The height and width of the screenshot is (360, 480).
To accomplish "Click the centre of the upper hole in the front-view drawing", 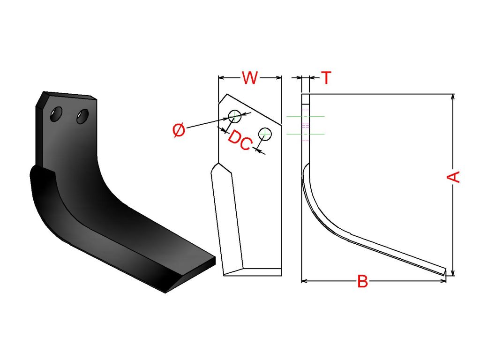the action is click(x=235, y=116).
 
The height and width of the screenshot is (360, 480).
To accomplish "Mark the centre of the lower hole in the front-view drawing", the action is click(x=265, y=134).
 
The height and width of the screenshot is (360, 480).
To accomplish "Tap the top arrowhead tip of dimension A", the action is click(x=453, y=94).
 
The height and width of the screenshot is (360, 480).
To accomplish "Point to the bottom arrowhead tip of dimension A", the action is click(x=453, y=276).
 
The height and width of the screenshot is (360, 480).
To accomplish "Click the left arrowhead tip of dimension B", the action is click(x=302, y=281).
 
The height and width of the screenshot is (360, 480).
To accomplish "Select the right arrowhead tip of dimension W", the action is click(x=281, y=78).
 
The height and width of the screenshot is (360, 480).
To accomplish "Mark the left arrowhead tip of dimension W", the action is click(x=218, y=78).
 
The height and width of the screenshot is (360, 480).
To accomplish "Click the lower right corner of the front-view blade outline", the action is click(x=281, y=276).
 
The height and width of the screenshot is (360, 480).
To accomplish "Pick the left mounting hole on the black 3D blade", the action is click(x=56, y=114).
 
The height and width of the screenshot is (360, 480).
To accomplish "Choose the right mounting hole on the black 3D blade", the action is click(x=82, y=116).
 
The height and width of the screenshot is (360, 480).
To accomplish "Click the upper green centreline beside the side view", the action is click(x=305, y=116).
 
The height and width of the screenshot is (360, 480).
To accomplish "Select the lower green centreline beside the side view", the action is click(x=305, y=134).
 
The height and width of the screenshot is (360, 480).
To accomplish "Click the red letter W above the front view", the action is click(x=250, y=78).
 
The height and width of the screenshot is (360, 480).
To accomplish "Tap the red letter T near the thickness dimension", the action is click(x=327, y=78).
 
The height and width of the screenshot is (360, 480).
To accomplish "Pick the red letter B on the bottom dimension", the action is click(x=363, y=281).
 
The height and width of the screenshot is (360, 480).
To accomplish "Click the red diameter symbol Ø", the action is click(x=179, y=130).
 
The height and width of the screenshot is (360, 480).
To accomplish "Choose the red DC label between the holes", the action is click(x=240, y=140).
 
